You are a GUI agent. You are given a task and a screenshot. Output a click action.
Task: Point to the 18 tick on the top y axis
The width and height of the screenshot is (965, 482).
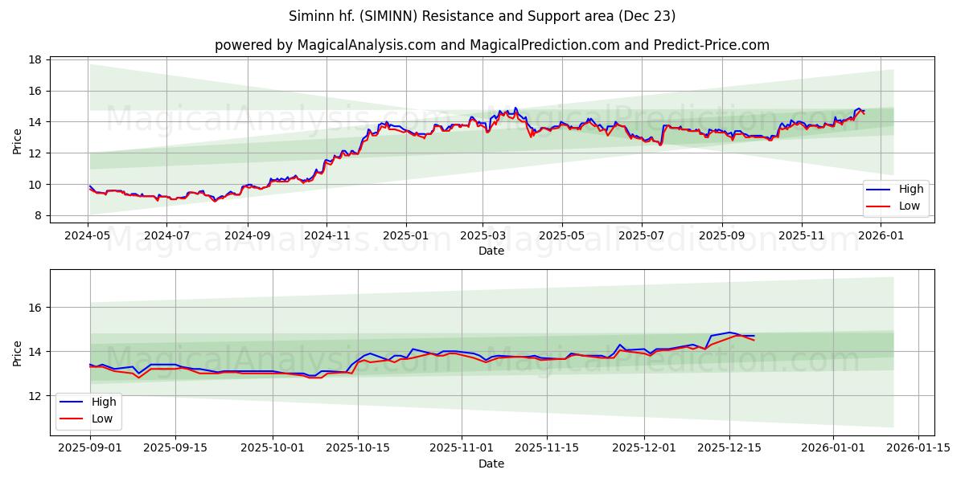point(36,59)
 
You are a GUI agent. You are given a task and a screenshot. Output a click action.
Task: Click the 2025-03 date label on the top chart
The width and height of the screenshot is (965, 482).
point(483,237)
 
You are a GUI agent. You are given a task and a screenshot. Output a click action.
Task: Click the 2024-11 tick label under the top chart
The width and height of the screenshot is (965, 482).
point(326,237)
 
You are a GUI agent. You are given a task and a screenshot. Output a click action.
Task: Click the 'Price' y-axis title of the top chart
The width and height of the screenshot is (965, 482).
point(17,140)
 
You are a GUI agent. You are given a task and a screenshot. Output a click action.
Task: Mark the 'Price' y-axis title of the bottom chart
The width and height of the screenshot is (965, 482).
point(17,352)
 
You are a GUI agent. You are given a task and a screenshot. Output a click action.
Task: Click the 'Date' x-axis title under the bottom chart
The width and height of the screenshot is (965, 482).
point(491,464)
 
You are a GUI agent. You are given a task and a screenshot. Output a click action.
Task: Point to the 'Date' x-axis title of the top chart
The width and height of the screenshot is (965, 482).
point(491,251)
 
